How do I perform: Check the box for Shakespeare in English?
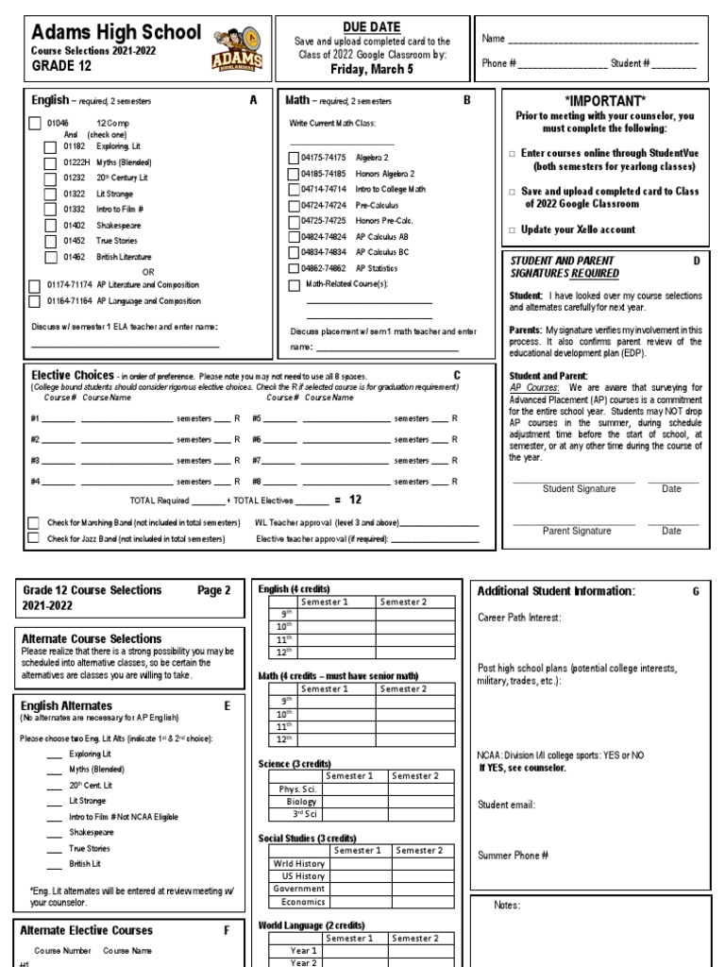pos(50,225)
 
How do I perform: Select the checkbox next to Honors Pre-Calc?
pos(293,220)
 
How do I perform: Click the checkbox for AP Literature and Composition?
pos(35,284)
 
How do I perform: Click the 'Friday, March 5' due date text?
pos(373,68)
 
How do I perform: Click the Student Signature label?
pos(579,489)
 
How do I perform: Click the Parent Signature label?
pos(577,531)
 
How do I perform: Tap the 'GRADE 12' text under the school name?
pos(60,66)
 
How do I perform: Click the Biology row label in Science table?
pos(295,802)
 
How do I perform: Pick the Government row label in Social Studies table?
pos(298,889)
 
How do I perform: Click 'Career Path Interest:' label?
pos(519,618)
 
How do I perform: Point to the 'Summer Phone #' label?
pos(514,855)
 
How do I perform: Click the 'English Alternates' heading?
pos(66,705)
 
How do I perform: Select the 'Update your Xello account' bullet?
pos(582,229)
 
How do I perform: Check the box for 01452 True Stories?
pos(50,241)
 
